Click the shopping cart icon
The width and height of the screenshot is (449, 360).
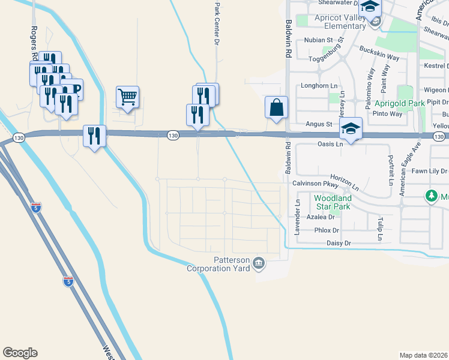pos(128,96)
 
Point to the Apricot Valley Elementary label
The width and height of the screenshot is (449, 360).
pos(340,22)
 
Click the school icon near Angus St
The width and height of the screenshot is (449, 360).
pos(351,128)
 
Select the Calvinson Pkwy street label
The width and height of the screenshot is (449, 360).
pos(312,184)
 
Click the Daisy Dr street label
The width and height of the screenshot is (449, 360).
pos(339,243)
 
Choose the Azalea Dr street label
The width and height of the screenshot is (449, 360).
pos(320,218)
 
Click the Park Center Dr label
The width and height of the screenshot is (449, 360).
pos(217,23)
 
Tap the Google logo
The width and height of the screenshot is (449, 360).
pos(20,353)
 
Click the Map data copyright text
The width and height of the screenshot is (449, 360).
pos(423,355)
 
